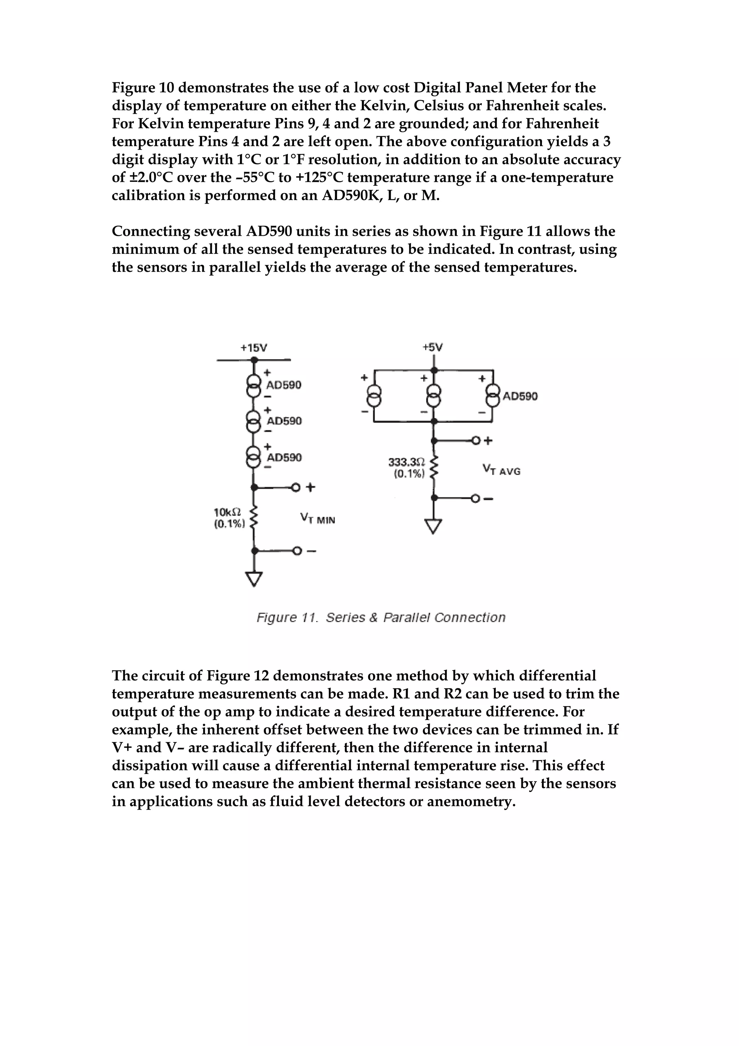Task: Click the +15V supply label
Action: (254, 348)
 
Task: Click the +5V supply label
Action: (432, 348)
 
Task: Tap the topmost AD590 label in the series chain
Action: (284, 385)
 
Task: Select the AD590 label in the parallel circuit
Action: (520, 396)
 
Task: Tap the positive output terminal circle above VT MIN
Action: (296, 488)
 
